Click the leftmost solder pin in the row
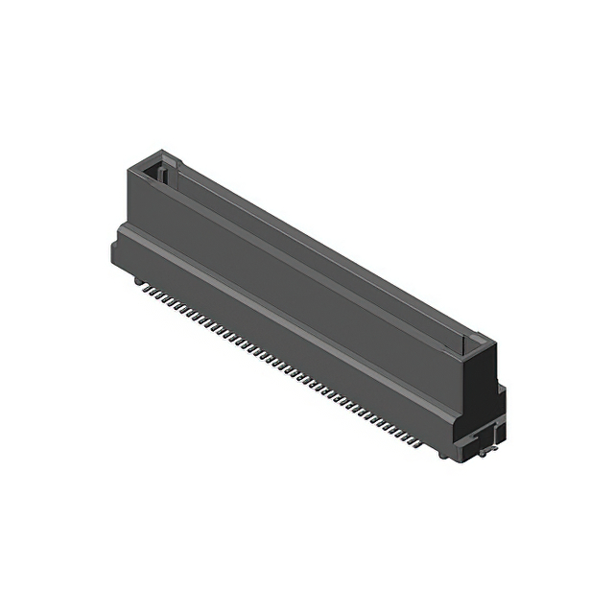tap(139, 283)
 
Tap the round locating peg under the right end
tap(442, 454)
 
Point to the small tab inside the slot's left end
tap(164, 175)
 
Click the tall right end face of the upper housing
tap(484, 384)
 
